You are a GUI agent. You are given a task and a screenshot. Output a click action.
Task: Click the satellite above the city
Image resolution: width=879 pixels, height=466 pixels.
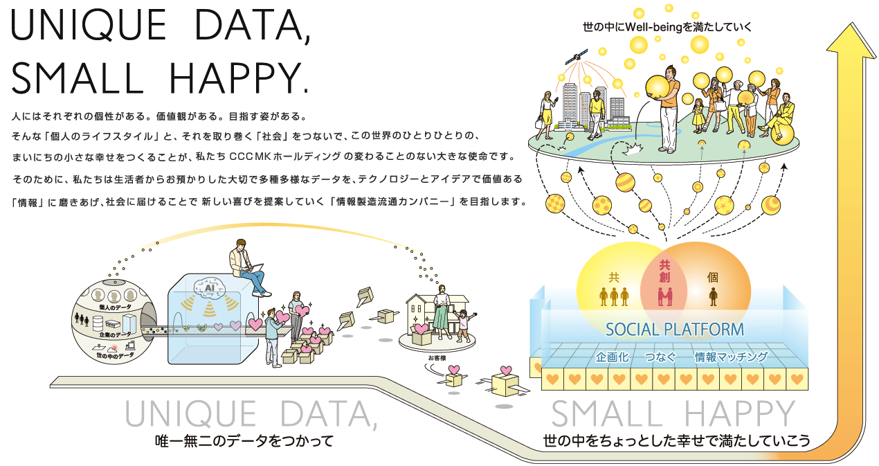577,57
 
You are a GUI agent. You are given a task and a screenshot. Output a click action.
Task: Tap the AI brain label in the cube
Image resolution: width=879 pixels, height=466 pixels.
210,288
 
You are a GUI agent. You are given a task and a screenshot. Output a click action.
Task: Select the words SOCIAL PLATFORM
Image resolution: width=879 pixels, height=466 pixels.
675,330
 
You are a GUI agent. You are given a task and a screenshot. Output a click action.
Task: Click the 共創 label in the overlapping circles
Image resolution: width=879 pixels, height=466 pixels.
664,271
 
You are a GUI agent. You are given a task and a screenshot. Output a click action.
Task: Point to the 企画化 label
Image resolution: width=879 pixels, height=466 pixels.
612,357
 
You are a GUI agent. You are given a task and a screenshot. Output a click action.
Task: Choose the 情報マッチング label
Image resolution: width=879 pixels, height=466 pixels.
731,357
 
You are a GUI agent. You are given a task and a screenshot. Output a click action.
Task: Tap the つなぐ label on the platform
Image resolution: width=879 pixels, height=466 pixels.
661,357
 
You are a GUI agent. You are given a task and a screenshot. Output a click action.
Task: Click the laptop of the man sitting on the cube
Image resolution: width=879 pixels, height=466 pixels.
255,268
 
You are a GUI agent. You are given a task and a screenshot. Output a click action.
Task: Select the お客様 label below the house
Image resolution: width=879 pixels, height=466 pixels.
437,358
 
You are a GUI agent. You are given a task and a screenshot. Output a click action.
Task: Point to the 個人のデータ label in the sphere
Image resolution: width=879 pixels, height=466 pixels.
115,307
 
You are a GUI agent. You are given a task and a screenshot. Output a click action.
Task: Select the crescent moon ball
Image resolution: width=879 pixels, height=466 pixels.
771,205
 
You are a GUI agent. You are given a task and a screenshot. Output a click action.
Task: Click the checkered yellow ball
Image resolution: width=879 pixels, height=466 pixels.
555,204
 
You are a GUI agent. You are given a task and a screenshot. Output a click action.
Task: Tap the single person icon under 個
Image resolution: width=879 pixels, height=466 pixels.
713,297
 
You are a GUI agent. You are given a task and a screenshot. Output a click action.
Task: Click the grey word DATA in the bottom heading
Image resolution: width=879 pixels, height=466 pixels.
329,414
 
